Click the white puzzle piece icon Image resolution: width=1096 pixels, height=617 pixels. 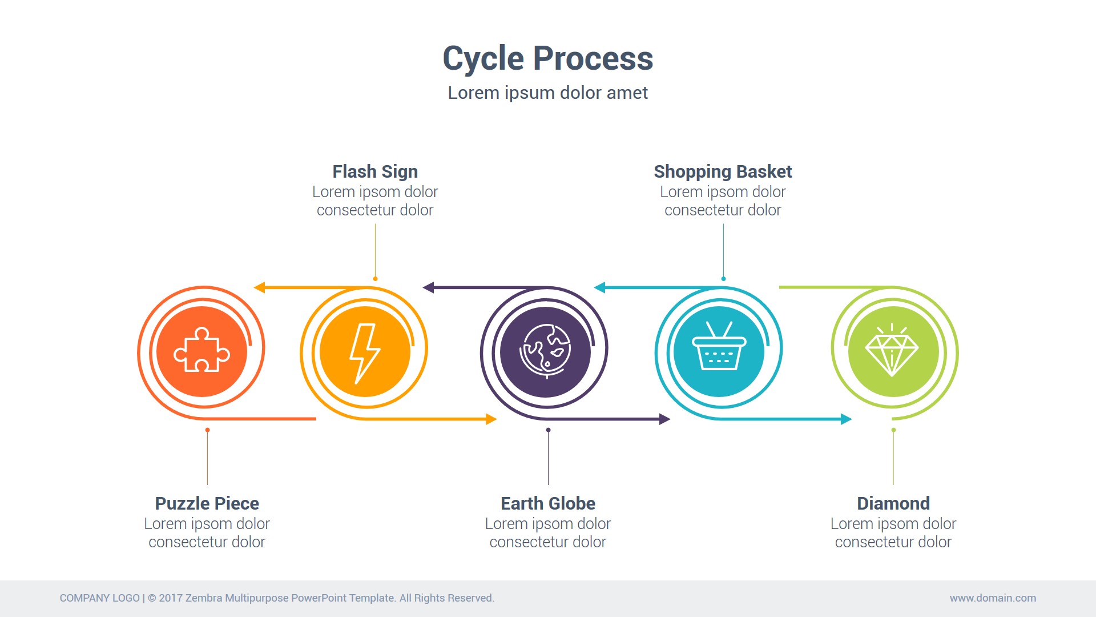pyautogui.click(x=202, y=350)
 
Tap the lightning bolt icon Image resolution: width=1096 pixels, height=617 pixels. pyautogui.click(x=365, y=352)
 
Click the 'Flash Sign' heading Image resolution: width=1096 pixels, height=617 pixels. pyautogui.click(x=375, y=171)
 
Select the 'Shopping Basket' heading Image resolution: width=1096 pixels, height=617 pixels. pyautogui.click(x=723, y=171)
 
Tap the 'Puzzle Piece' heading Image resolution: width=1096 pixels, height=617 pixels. pyautogui.click(x=207, y=503)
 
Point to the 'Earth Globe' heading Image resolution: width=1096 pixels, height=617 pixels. pyautogui.click(x=548, y=503)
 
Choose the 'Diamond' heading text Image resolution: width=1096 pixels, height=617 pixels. pyautogui.click(x=893, y=503)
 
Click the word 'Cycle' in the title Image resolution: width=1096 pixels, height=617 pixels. pyautogui.click(x=483, y=58)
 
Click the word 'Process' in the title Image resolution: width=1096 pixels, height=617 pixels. pyautogui.click(x=593, y=58)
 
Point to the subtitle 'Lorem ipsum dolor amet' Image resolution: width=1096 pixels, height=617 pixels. pyautogui.click(x=548, y=93)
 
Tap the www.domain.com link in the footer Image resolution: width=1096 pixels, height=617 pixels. pyautogui.click(x=993, y=598)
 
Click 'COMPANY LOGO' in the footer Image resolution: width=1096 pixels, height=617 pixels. pyautogui.click(x=100, y=598)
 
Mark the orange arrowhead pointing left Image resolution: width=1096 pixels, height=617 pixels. pyautogui.click(x=260, y=287)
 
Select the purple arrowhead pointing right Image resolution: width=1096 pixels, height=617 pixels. pyautogui.click(x=664, y=419)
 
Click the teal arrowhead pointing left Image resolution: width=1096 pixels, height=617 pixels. pyautogui.click(x=599, y=287)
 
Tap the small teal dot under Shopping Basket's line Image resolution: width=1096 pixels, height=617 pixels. pyautogui.click(x=723, y=279)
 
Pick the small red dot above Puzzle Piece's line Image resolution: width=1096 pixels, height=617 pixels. pyautogui.click(x=207, y=430)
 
